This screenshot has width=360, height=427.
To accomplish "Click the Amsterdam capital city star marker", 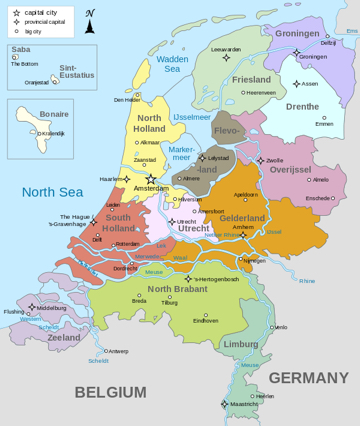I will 150,179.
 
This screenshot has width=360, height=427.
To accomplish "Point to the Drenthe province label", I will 303,106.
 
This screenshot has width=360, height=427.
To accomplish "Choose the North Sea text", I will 52,191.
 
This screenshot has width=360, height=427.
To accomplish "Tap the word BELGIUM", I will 110,391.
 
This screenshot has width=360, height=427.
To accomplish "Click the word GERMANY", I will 308,377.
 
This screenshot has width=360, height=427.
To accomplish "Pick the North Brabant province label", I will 176,289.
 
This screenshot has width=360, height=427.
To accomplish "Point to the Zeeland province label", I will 63,338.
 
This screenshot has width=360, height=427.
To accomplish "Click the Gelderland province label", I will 242,217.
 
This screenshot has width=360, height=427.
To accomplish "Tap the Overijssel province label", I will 290,170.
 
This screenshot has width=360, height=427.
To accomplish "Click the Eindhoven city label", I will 206,321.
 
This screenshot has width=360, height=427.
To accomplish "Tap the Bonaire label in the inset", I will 25,115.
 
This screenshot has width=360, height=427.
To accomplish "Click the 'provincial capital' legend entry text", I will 52,21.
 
